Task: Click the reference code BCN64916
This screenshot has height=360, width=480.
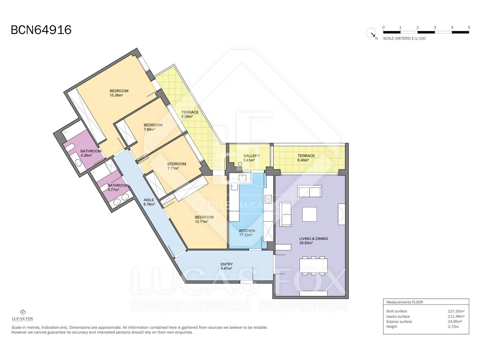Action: coord(41,30)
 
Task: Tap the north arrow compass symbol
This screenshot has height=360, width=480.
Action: coord(371,33)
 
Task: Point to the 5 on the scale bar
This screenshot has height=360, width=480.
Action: coord(469,27)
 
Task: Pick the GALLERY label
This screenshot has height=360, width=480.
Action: coord(251,156)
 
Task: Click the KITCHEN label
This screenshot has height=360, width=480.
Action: coord(247,231)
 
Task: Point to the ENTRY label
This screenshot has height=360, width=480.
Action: coord(227,264)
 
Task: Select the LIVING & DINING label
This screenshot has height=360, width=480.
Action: coord(313,239)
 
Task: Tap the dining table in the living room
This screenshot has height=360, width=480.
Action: coord(313,265)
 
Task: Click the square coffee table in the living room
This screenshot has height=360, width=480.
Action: coord(309,214)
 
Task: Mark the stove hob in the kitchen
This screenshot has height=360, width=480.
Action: coord(268,199)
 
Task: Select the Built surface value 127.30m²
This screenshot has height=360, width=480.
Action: coord(456,311)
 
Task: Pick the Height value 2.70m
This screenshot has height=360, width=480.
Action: coord(453,327)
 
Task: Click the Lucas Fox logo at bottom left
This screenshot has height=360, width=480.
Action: coord(23,315)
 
